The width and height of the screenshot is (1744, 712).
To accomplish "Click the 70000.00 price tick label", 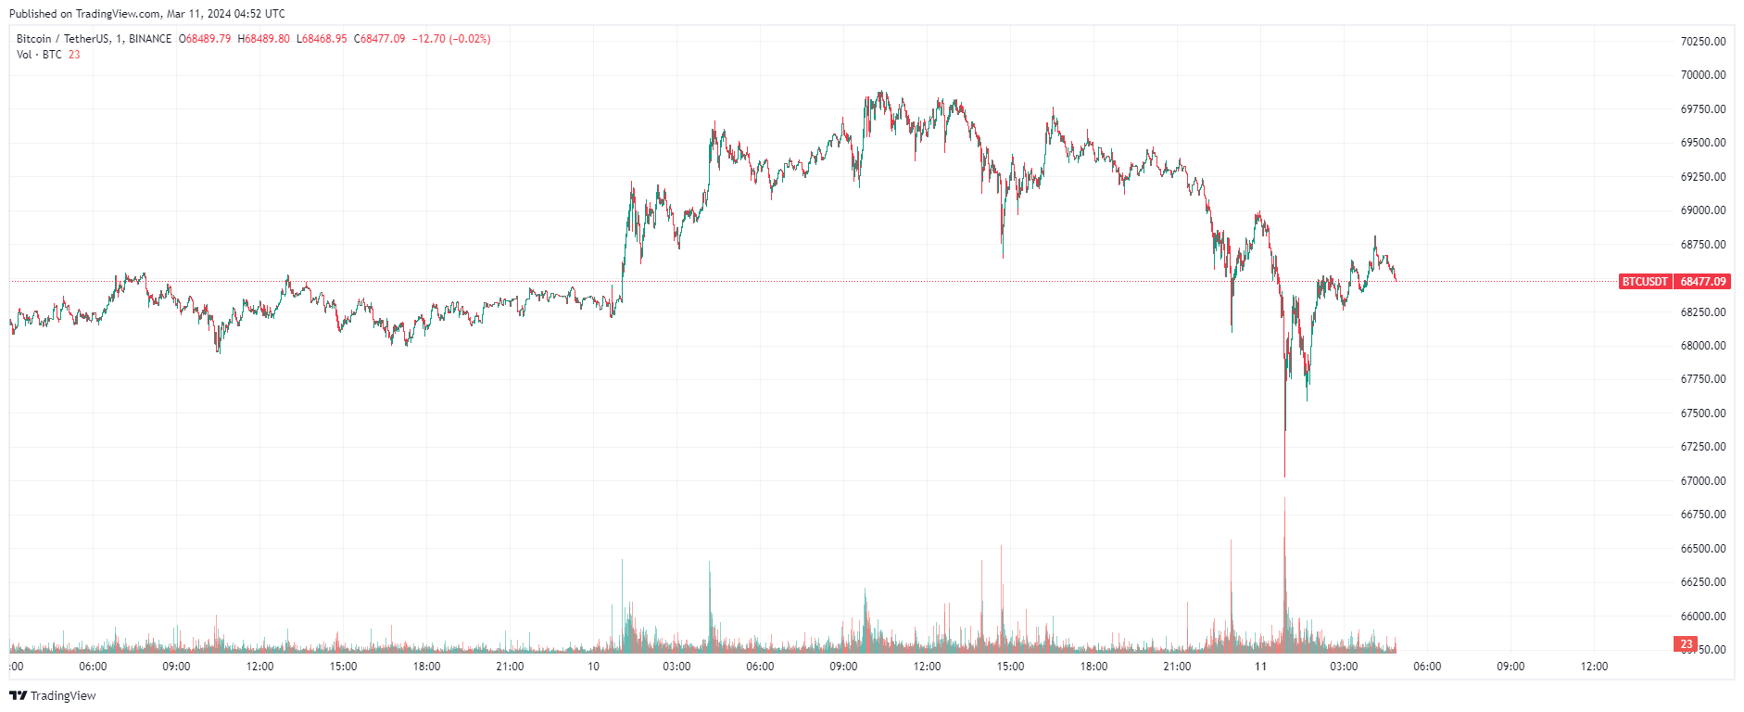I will [1702, 75].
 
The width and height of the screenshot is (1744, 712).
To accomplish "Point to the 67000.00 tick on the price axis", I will [1702, 481].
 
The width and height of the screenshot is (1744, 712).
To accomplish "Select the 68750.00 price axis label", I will [1702, 245].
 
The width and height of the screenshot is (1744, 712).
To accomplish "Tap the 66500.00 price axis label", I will [1702, 549].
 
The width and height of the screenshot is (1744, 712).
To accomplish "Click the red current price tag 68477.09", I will [1702, 282].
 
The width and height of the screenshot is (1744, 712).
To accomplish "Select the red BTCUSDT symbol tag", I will [1644, 282].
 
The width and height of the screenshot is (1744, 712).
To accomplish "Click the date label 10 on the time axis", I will [593, 667].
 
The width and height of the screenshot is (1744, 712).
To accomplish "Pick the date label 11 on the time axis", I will [1260, 667].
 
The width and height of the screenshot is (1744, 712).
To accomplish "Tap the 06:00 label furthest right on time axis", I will [1427, 667].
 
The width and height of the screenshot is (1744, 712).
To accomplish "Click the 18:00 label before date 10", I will [426, 667].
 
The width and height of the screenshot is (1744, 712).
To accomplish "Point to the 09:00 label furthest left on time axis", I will [176, 667].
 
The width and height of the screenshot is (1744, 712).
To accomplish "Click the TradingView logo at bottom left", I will [53, 695].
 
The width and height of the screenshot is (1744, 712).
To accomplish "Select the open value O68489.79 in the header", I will [205, 39].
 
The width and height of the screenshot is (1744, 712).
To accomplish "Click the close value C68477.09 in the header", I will [380, 39].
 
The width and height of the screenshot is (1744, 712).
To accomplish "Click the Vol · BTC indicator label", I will [39, 55].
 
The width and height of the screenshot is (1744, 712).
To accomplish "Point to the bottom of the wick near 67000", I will [1284, 477].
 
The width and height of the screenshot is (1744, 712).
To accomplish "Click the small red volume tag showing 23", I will [1686, 643].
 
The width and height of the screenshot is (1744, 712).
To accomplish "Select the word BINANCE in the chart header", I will [150, 39].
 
